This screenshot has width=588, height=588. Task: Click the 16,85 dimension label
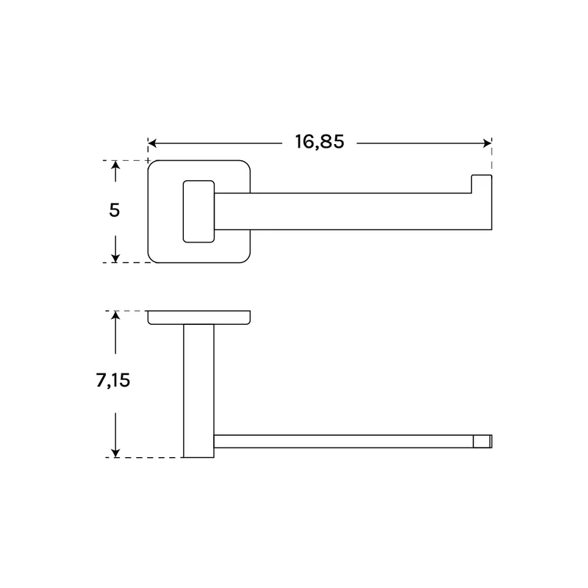pos(320,142)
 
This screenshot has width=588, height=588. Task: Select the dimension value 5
pos(115,210)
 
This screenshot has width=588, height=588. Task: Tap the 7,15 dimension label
pos(113,380)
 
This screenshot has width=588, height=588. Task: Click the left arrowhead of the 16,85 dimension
pos(152,143)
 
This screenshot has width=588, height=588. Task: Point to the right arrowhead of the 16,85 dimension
pos(487,143)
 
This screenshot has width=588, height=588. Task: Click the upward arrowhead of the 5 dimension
pos(115,165)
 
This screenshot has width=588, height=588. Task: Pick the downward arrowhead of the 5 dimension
pos(115,258)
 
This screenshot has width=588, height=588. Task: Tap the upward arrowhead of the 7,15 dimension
pos(115,316)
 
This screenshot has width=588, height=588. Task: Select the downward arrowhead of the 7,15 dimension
pos(115,453)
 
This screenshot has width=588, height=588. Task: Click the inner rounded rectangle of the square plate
pos(183,212)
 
